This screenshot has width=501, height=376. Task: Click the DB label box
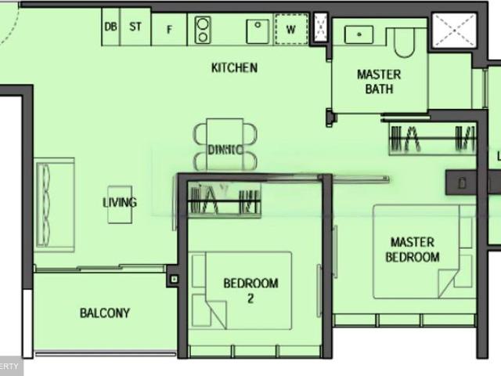110,27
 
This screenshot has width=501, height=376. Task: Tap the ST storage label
135,27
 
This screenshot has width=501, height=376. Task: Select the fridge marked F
168,30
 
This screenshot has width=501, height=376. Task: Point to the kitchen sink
258,31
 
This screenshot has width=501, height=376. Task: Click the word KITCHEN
234,68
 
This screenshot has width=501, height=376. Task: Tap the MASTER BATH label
379,81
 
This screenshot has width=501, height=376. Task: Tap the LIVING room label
120,202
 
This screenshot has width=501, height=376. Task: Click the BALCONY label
105,313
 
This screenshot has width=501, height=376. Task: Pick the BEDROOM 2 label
250,290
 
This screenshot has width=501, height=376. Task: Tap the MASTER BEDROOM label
413,250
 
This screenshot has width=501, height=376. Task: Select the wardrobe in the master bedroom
432,139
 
